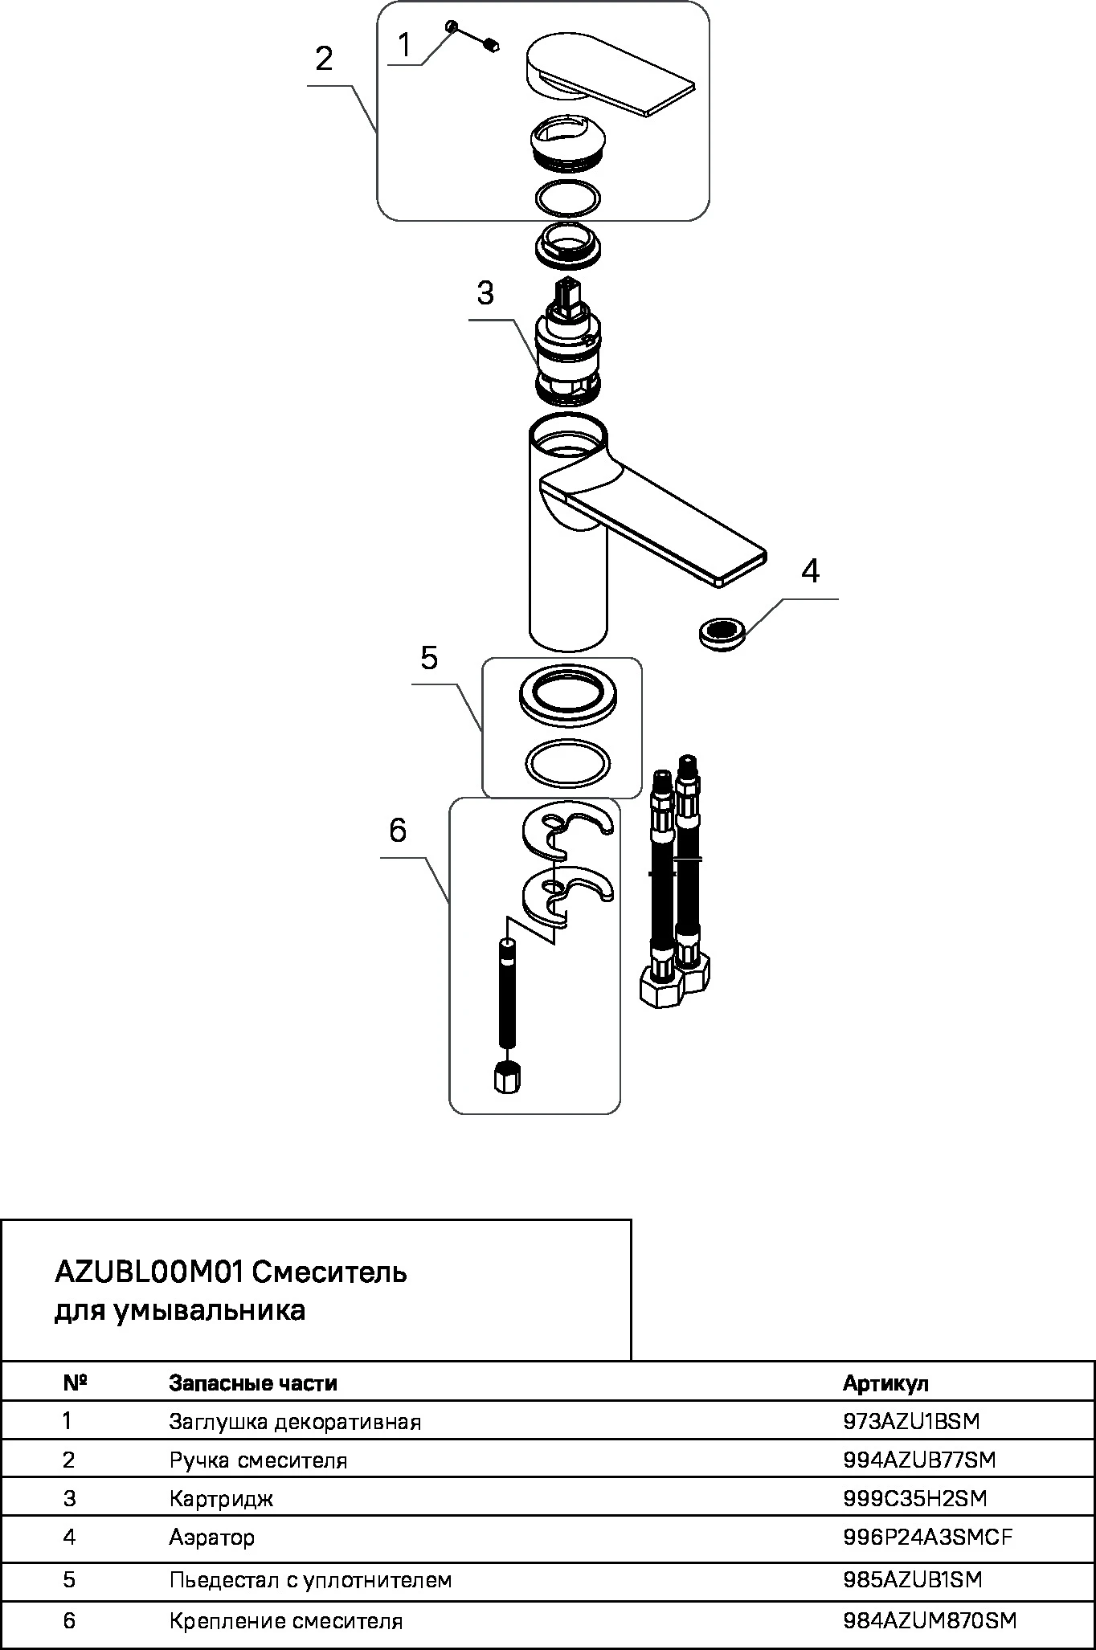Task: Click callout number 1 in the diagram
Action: click(405, 45)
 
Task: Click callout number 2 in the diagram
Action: click(324, 59)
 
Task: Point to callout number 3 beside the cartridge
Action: click(485, 293)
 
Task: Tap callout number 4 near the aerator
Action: click(811, 571)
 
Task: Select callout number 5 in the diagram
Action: click(429, 657)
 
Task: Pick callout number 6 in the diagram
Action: click(398, 830)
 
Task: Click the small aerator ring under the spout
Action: click(721, 632)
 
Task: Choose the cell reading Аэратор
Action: click(212, 1538)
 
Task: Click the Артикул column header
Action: click(885, 1383)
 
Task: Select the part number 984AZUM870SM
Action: click(930, 1621)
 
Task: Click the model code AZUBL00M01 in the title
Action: click(149, 1272)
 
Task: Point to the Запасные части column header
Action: click(253, 1383)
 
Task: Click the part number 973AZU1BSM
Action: click(912, 1421)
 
